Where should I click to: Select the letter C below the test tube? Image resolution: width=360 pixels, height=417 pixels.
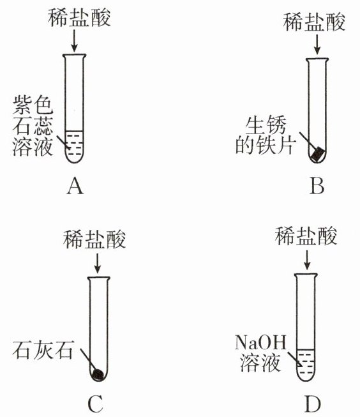pyautogui.click(x=96, y=404)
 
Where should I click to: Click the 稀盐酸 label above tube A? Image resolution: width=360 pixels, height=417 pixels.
pyautogui.click(x=79, y=17)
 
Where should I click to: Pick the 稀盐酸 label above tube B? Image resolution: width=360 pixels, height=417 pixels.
pyautogui.click(x=314, y=22)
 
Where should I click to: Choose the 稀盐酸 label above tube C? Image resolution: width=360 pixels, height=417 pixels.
pyautogui.click(x=94, y=239)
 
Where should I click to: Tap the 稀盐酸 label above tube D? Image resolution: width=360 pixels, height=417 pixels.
pyautogui.click(x=306, y=236)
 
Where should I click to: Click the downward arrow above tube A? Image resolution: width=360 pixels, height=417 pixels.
pyautogui.click(x=74, y=40)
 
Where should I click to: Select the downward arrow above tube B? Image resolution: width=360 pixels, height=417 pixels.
pyautogui.click(x=317, y=44)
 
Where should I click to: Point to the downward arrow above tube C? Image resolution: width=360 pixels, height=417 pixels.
pyautogui.click(x=98, y=263)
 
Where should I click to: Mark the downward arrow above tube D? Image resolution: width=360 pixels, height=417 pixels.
pyautogui.click(x=307, y=259)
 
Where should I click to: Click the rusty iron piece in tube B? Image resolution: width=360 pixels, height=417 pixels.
pyautogui.click(x=319, y=155)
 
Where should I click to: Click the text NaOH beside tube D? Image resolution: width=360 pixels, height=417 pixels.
pyautogui.click(x=260, y=342)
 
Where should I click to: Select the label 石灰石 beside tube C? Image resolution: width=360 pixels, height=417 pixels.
pyautogui.click(x=43, y=349)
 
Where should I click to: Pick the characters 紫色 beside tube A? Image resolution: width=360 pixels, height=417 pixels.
pyautogui.click(x=33, y=105)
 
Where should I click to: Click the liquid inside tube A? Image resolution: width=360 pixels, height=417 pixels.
pyautogui.click(x=75, y=146)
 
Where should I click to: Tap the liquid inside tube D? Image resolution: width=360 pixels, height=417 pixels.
pyautogui.click(x=306, y=365)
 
